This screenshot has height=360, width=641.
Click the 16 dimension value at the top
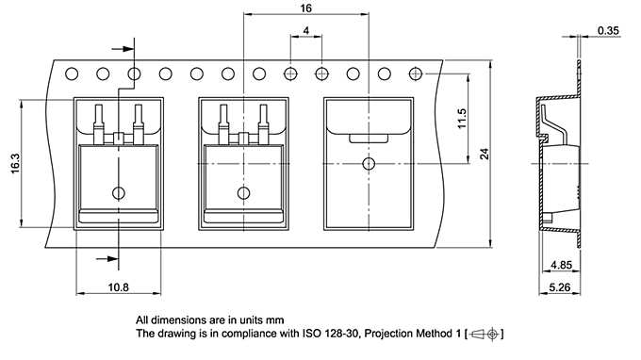click(x=305, y=8)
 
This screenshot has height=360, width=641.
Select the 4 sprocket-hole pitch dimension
click(x=306, y=30)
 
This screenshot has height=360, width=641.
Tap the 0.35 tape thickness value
click(x=608, y=31)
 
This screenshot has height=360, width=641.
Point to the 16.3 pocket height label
click(x=15, y=163)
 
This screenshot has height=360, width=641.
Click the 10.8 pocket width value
click(x=118, y=287)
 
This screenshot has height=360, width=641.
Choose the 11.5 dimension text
click(x=462, y=119)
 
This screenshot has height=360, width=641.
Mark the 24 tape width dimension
click(x=484, y=154)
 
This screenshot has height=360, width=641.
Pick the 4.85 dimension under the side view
click(x=561, y=265)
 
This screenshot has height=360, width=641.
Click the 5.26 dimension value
click(x=559, y=287)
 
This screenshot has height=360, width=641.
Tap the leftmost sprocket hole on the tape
click(x=72, y=74)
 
